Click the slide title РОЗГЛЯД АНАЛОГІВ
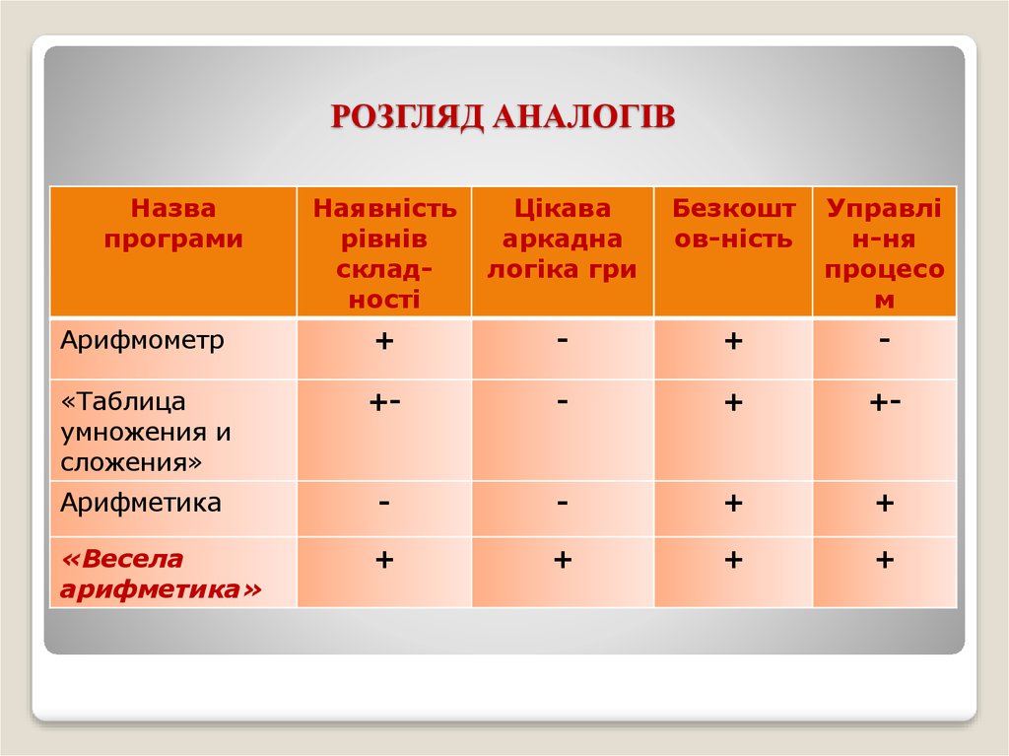pos(503,115)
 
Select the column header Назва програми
pos(172,224)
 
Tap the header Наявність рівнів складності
pos(384,253)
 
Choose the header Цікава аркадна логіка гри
pos(563,239)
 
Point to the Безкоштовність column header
pos(734,224)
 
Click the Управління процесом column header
pos(884,253)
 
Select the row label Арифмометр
pos(143,341)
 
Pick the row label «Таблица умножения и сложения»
pos(148,431)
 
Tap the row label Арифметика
pos(141,504)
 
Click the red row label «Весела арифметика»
pos(162,574)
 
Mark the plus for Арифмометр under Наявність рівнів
pos(384,341)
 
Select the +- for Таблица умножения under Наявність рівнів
pos(384,401)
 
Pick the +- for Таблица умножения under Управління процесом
pos(885,401)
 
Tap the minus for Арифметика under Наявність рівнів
pos(384,502)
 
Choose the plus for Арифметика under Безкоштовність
pos(733,504)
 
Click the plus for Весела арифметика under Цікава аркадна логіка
pos(563,560)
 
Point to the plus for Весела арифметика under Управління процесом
pos(885,560)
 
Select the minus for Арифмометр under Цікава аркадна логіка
pos(563,338)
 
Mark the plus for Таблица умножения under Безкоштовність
pos(733,402)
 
